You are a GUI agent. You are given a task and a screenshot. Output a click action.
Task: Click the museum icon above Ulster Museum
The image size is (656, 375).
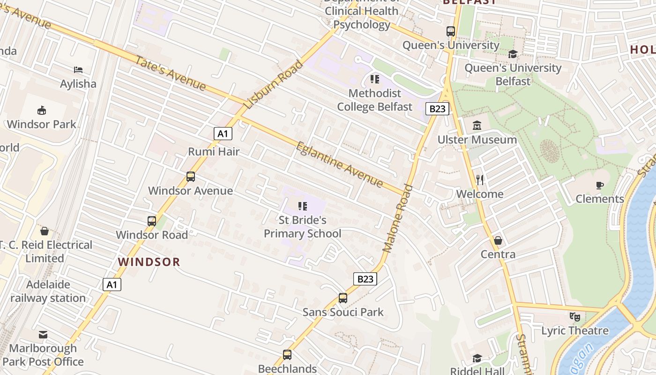pos(477,125)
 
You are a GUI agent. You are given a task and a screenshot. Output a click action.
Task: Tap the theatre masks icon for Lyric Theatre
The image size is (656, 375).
pos(575,316)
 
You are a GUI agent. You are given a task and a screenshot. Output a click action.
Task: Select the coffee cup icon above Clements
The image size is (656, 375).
pos(600,185)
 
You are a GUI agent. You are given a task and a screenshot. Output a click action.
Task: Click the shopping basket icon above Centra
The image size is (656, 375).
pos(498,240)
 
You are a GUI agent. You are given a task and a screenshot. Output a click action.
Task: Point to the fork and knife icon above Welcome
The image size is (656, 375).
pos(479,180)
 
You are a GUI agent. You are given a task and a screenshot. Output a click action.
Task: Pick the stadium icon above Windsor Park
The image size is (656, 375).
pos(42,110)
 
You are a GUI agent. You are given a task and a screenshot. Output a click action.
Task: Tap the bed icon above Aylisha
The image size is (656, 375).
pos(78,70)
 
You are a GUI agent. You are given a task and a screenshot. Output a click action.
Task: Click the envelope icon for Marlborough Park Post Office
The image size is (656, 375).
pos(43,334)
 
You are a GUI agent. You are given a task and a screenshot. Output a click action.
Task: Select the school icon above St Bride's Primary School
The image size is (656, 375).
pos(302,206)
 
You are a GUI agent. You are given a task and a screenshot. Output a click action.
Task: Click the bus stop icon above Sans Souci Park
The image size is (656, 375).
pos(343,298)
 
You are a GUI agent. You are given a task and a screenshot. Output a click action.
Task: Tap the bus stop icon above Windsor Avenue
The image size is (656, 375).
pos(190,177)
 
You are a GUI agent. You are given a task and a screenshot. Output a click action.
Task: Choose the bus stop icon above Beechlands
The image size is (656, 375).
pos(287,355)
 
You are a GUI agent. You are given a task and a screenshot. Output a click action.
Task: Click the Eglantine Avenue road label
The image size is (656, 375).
pos(339,164)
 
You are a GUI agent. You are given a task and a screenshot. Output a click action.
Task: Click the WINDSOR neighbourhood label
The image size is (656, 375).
pos(149,262)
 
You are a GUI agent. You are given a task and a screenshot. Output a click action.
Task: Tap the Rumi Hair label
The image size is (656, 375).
pos(214,151)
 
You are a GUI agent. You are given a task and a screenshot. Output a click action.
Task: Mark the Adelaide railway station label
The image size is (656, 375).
pos(48,291)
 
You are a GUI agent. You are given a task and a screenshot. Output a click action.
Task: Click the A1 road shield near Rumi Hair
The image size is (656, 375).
pos(223,134)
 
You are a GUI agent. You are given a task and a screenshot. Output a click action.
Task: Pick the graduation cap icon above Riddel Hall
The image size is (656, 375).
pos(477,359)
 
